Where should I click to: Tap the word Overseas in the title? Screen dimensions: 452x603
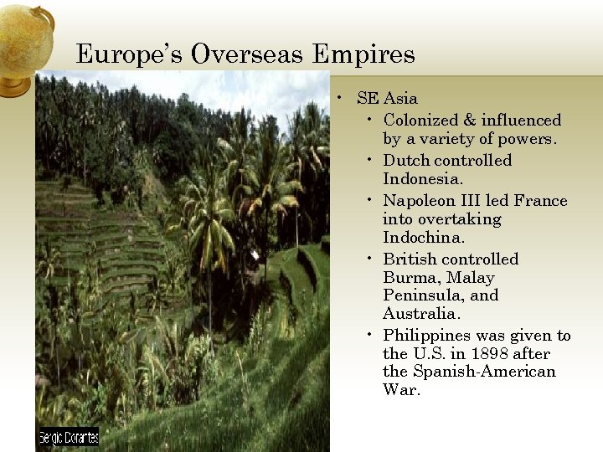coord(248,55)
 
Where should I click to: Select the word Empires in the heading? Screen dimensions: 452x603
coord(363,55)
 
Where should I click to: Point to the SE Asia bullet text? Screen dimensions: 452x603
coord(387,99)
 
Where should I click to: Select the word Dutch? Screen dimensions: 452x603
coord(406,161)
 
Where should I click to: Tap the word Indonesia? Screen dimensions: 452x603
coord(423,179)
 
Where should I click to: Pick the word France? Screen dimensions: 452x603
coord(540,201)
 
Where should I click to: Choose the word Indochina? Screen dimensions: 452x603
coord(423,238)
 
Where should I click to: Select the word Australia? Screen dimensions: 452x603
coord(421,314)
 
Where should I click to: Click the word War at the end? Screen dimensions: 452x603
coord(400,390)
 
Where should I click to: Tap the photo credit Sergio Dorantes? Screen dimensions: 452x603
coord(69,437)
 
